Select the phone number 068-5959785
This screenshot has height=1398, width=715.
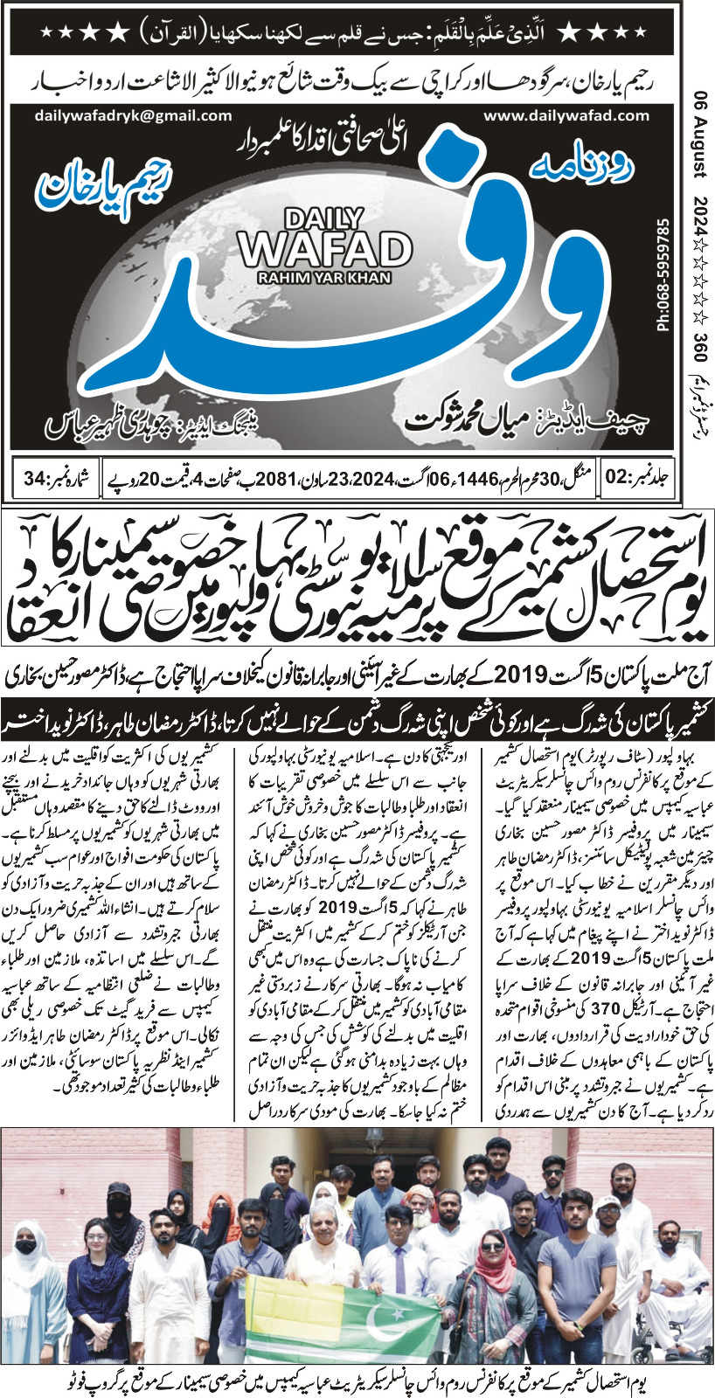662,275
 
